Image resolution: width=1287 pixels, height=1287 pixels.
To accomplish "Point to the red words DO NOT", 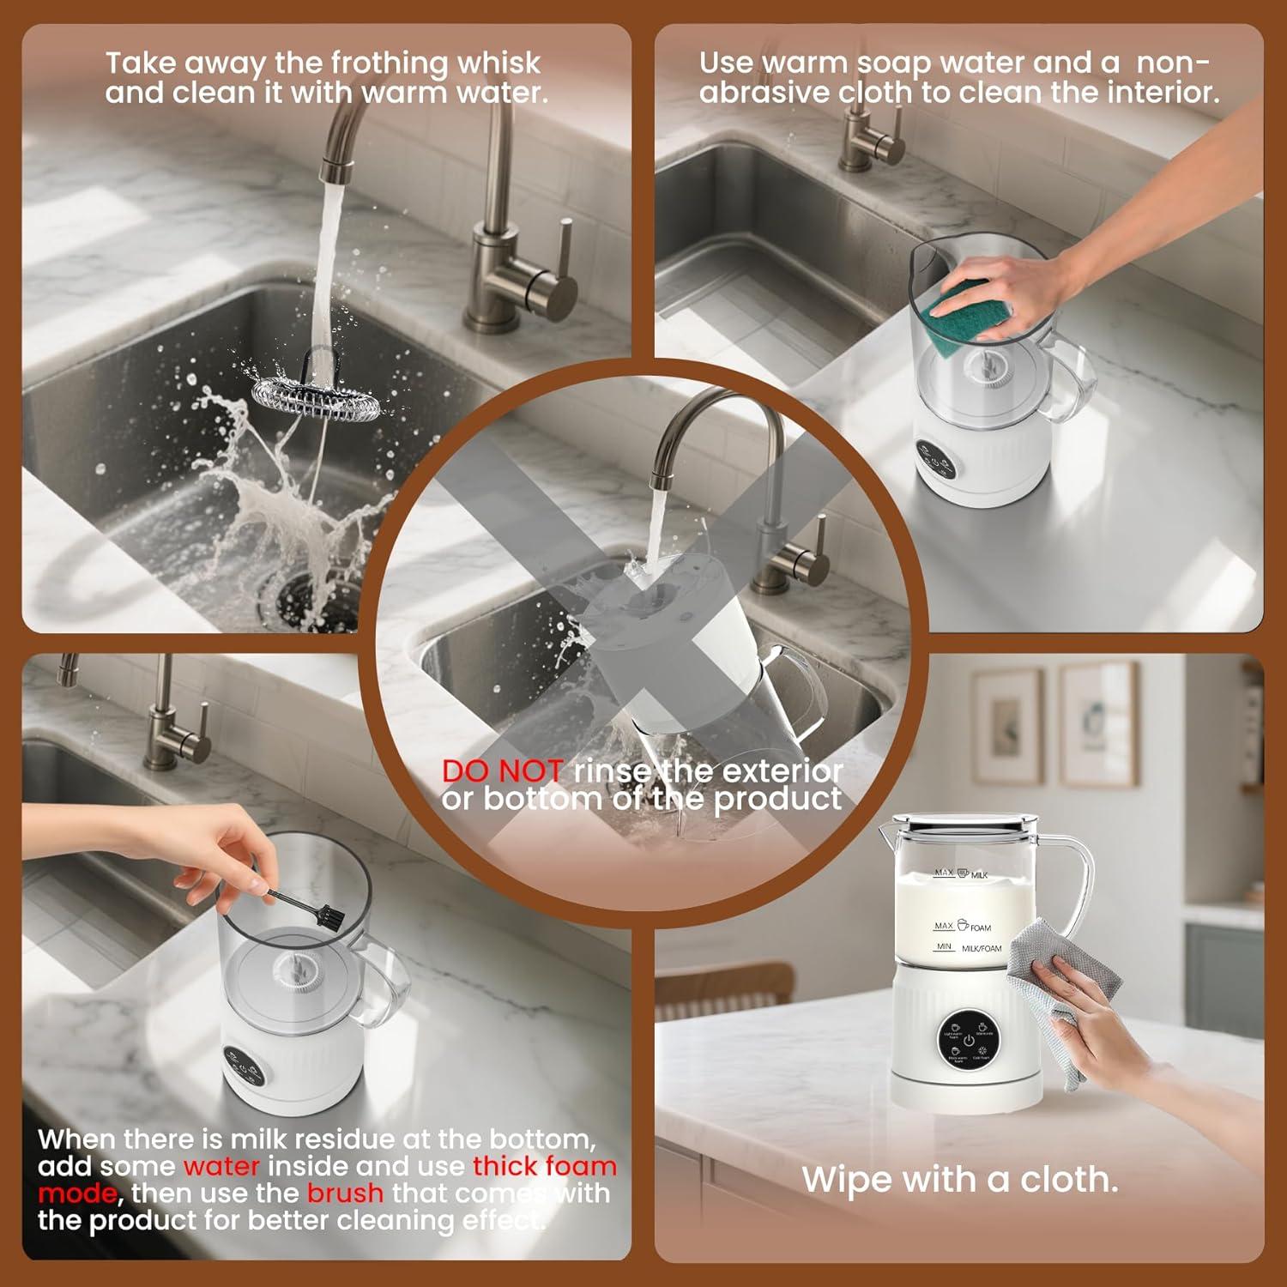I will (x=502, y=771).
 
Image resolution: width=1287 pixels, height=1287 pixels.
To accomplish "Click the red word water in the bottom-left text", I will (x=221, y=1167).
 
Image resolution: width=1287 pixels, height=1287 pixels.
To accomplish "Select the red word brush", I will (x=345, y=1193).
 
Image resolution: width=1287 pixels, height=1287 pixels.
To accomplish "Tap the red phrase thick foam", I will (x=544, y=1167).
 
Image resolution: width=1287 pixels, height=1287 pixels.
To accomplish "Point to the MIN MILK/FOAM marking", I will (x=968, y=947).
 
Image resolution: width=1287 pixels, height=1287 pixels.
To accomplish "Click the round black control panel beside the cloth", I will (x=968, y=1039).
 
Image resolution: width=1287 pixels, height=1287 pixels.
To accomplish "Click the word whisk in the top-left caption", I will (x=498, y=63).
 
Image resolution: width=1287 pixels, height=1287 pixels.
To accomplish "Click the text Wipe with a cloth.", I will (x=959, y=1180).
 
